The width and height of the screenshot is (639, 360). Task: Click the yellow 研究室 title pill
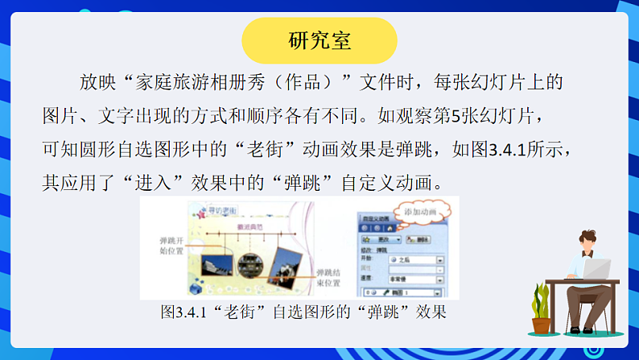pos(319,40)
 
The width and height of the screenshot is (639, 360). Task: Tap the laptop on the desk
pos(596,269)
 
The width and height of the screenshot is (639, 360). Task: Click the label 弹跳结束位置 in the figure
pos(328,278)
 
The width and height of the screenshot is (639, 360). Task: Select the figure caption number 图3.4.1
pos(179,311)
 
